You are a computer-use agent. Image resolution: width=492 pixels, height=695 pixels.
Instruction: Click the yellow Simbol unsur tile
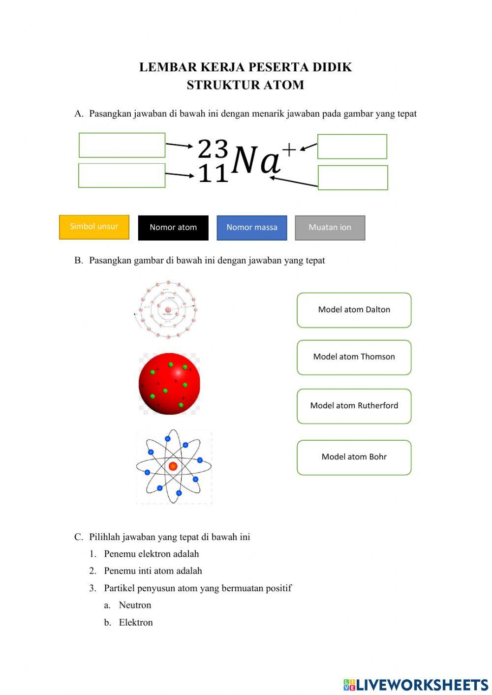click(94, 227)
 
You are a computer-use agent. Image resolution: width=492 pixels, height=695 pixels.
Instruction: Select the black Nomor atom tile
click(173, 228)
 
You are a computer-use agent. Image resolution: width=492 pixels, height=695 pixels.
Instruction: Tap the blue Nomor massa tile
click(252, 228)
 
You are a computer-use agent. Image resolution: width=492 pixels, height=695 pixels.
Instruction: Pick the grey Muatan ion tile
click(330, 228)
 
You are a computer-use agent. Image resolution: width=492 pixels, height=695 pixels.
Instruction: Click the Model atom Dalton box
click(354, 310)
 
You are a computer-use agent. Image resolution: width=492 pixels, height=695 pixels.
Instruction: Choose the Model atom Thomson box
click(354, 357)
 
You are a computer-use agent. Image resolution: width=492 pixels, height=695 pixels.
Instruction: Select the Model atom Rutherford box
click(354, 406)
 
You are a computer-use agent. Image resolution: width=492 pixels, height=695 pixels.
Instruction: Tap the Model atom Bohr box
click(354, 457)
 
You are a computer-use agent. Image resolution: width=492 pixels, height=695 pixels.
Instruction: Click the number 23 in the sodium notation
click(213, 148)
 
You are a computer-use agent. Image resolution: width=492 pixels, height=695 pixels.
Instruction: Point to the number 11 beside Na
click(213, 173)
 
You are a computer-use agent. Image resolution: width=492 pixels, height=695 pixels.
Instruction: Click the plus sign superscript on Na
click(289, 150)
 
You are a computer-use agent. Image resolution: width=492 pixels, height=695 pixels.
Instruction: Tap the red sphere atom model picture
click(169, 384)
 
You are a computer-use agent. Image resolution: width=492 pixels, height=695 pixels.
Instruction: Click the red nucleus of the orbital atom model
click(173, 466)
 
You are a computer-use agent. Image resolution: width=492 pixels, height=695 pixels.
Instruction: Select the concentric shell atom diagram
click(168, 310)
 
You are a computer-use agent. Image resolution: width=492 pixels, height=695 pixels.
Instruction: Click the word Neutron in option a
click(135, 605)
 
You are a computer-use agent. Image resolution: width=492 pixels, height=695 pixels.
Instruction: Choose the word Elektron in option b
click(136, 622)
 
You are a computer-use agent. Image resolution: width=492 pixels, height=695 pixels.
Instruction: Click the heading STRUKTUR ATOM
click(245, 85)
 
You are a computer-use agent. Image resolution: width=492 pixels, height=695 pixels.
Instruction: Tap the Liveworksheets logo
click(415, 685)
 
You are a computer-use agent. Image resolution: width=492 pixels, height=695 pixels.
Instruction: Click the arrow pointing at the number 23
click(179, 145)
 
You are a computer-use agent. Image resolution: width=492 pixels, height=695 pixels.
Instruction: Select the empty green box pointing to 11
click(122, 176)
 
